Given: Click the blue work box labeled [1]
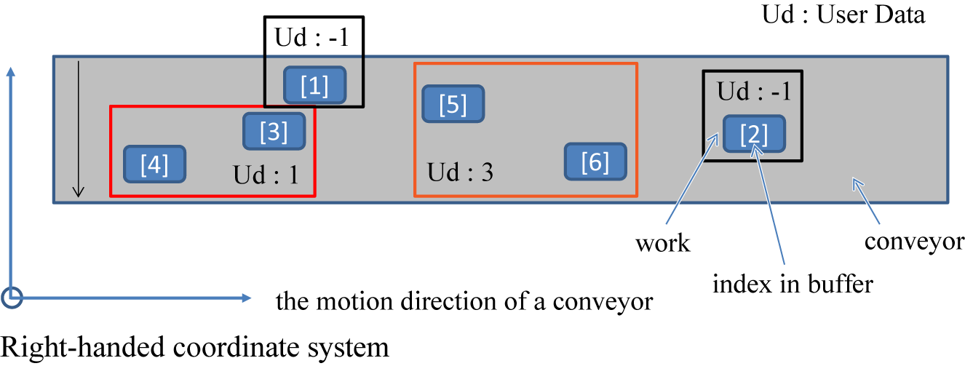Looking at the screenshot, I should coord(314,86).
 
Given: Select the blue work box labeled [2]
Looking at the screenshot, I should coord(754,134).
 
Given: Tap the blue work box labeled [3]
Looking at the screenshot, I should coord(274,132).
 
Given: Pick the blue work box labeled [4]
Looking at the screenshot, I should coord(154,164).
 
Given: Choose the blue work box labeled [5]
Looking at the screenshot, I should coord(453,104).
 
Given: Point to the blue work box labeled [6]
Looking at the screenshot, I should coord(595,162).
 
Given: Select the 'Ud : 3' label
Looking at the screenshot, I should coord(460,173).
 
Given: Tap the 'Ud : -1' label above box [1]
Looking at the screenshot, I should coord(313,38).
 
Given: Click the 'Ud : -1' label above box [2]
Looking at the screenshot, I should coord(754,92).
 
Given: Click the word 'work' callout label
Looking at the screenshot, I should coord(662,243).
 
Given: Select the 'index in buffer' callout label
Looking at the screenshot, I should coord(792,283).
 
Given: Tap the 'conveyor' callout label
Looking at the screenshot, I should coord(914,241).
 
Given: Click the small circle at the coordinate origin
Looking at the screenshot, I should coord(12,297).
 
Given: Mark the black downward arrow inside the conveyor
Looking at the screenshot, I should coord(79,131).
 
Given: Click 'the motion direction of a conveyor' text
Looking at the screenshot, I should coord(464,301).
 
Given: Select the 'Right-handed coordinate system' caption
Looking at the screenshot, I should coord(194,347).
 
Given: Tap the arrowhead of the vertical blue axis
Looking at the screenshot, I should coord(10,71).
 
